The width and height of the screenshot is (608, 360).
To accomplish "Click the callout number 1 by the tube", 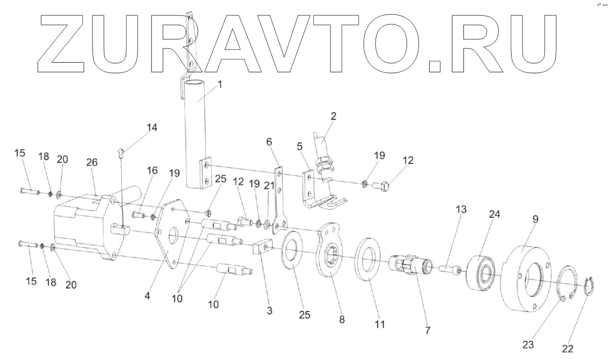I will [x=219, y=85].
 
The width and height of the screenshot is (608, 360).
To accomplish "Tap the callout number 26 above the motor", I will [x=92, y=163].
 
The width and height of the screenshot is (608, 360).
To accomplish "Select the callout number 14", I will [x=152, y=128].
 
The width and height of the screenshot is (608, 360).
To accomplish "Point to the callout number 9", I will [x=535, y=219].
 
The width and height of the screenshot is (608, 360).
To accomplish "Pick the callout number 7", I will [x=428, y=330].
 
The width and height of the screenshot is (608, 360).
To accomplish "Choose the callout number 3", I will [x=270, y=311].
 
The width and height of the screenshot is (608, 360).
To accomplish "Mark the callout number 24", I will [x=494, y=214].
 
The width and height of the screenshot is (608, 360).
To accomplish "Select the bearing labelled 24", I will [x=482, y=271].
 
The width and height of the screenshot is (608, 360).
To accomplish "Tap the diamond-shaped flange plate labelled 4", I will [x=168, y=233].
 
